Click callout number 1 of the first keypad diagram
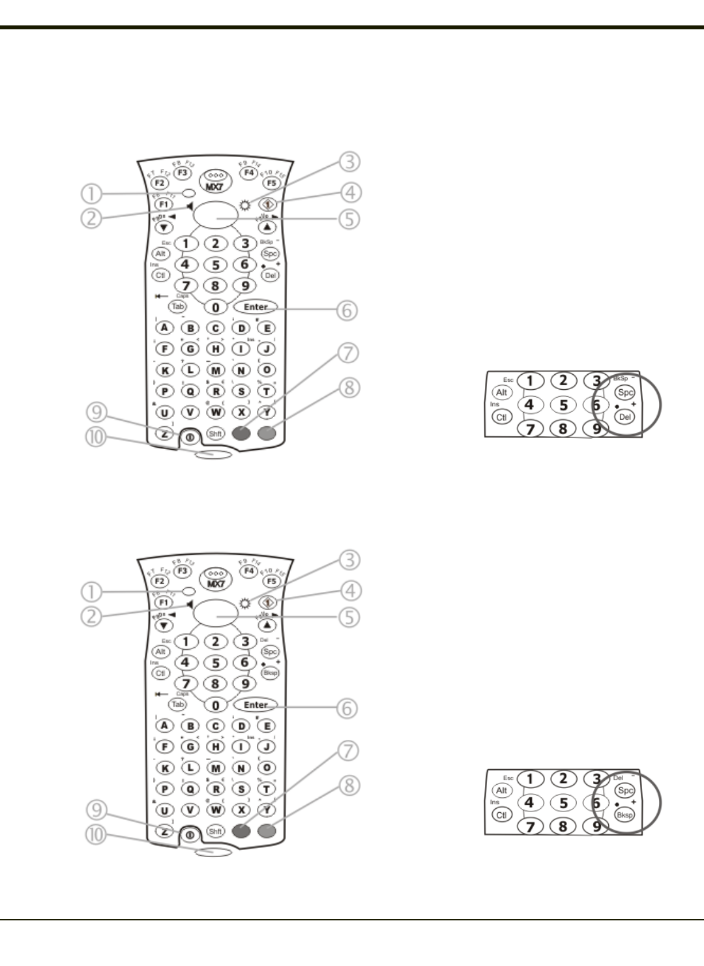pyautogui.click(x=93, y=194)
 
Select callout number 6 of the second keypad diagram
pyautogui.click(x=349, y=708)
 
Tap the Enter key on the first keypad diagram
pyautogui.click(x=256, y=307)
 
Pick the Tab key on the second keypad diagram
pyautogui.click(x=177, y=704)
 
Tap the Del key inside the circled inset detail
pyautogui.click(x=625, y=417)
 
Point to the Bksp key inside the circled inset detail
pyautogui.click(x=625, y=815)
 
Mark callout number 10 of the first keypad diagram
pyautogui.click(x=96, y=438)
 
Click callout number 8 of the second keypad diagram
pyautogui.click(x=349, y=785)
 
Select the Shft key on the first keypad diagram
pyautogui.click(x=215, y=433)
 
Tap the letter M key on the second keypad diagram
pyautogui.click(x=216, y=768)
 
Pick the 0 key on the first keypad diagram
pyautogui.click(x=216, y=307)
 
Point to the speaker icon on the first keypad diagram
pyautogui.click(x=188, y=207)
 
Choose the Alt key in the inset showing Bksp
pyautogui.click(x=501, y=791)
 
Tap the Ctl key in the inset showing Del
pyautogui.click(x=501, y=417)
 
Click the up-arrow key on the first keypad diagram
pyautogui.click(x=268, y=227)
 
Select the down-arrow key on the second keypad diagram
pyautogui.click(x=164, y=625)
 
